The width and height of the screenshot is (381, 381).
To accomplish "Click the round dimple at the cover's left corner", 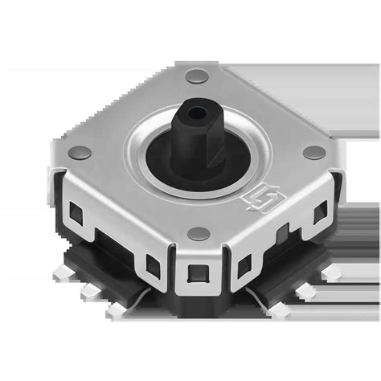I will (78, 152).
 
